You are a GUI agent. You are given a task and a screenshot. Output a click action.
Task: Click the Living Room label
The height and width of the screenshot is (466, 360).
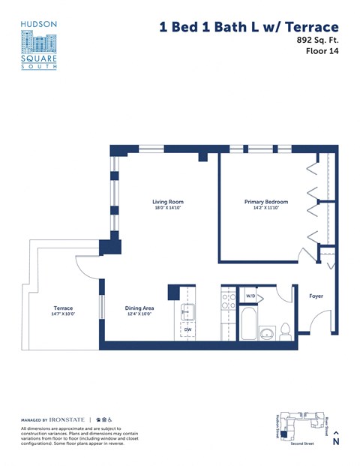coord(168,202)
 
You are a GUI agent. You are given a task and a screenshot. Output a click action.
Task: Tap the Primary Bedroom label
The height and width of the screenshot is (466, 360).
coord(266,202)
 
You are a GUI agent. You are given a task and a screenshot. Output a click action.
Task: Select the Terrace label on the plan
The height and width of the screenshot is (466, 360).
coord(63,307)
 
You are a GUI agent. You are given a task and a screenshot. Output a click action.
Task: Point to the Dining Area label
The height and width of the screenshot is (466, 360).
coord(139,307)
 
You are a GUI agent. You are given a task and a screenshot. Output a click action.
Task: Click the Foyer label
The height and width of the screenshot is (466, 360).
coord(316,296)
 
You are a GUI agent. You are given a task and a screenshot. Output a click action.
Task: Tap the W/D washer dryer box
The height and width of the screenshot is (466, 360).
coord(251,296)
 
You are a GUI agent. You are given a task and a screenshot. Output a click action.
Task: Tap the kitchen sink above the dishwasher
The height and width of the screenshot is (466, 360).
coord(187,310)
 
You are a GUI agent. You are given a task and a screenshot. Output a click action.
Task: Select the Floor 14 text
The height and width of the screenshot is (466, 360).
coord(322,52)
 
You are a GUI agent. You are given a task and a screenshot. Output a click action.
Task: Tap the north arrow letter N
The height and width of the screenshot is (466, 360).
coord(336,442)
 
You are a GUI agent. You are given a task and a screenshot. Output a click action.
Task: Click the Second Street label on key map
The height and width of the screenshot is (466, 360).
coord(302,444)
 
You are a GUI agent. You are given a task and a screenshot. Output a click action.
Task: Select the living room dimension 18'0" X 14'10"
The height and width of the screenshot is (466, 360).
coord(168,209)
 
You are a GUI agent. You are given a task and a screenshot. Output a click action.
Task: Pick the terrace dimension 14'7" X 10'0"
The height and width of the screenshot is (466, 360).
coord(63,314)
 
